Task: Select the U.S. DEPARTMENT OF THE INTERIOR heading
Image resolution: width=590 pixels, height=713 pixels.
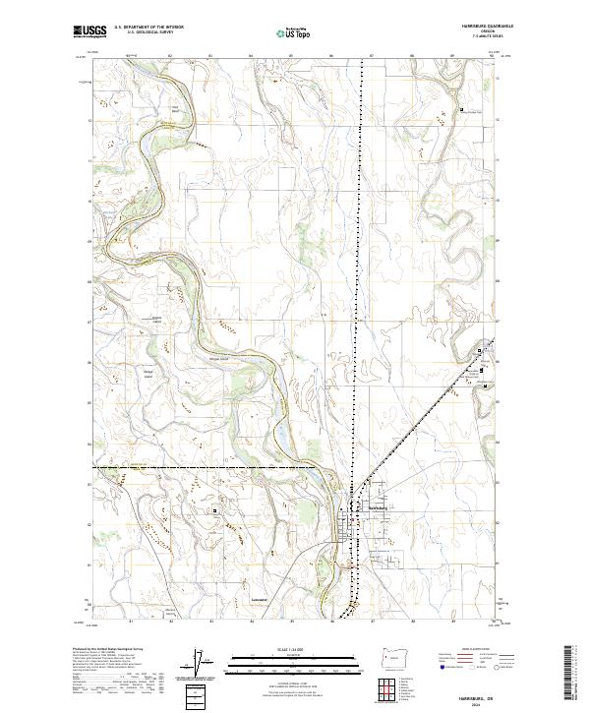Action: [149, 28]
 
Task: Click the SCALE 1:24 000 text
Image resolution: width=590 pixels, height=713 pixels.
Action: [294, 648]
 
